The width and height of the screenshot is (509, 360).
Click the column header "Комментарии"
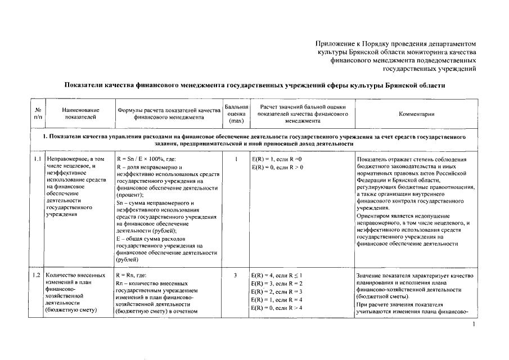coord(416,114)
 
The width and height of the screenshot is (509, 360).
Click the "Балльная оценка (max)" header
coord(236,114)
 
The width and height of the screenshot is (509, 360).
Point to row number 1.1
coord(37,160)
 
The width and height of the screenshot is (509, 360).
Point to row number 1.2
coord(37,276)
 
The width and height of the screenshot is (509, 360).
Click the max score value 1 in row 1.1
coord(236,160)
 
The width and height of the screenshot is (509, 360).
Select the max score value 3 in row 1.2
coord(236,276)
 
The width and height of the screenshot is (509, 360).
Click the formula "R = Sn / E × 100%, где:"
coord(146,160)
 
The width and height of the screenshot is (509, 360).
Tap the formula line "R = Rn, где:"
coord(131,276)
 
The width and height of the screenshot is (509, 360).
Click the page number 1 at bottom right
coord(474,325)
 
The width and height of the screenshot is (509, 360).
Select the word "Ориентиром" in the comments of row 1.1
coord(373,215)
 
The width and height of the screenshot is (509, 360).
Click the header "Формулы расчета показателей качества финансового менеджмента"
coord(168,114)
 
